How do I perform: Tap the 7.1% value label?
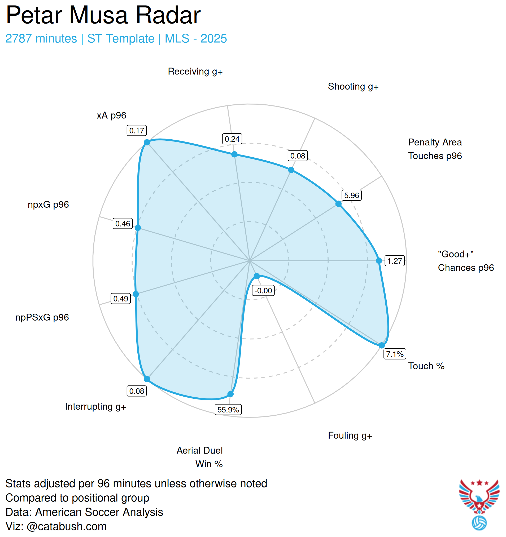tap(395, 354)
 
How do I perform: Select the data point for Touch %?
tap(382, 345)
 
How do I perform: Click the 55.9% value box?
tap(228, 410)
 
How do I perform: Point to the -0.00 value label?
tap(263, 291)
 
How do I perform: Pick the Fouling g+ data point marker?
tap(257, 276)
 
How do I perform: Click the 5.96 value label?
tap(351, 195)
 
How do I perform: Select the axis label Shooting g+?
tap(353, 86)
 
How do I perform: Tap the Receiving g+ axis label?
tap(195, 72)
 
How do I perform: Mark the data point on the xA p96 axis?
tap(147, 142)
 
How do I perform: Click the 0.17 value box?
tap(137, 130)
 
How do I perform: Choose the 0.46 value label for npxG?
tap(123, 224)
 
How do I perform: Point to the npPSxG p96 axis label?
tap(42, 317)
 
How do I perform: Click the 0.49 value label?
tap(121, 299)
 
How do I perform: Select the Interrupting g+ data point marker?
tap(147, 379)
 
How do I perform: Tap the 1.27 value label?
tap(395, 261)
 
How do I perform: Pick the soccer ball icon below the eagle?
tap(479, 523)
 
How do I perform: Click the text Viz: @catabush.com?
tap(56, 526)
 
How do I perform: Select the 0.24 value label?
tap(232, 139)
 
